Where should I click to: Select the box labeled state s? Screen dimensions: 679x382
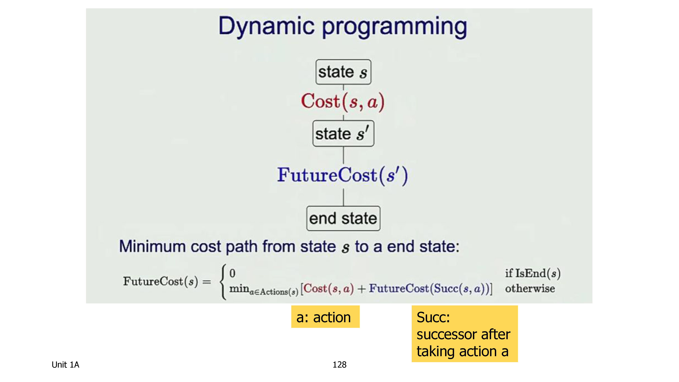click(x=343, y=72)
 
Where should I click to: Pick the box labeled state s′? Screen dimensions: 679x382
click(x=343, y=133)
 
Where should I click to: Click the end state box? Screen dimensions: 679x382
click(x=343, y=218)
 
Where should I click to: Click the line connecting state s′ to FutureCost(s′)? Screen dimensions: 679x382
click(x=343, y=155)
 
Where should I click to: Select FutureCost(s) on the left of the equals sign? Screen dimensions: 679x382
click(x=161, y=281)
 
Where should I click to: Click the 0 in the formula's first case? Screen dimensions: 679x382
click(x=232, y=273)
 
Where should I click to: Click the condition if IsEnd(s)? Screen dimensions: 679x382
click(x=533, y=273)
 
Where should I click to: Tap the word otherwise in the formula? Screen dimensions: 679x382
click(x=530, y=288)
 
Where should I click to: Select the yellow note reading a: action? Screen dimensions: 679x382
click(x=325, y=317)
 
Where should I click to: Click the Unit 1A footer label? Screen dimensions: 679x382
click(x=65, y=365)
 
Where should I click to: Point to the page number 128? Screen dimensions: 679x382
click(x=339, y=365)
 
